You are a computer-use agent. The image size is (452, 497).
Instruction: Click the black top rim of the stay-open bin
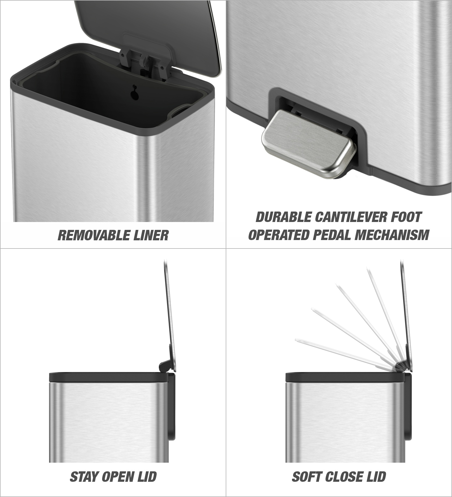coord(109,377)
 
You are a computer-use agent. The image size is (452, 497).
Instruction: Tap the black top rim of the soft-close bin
coord(346,377)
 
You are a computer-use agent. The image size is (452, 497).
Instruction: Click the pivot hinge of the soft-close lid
coord(401,366)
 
